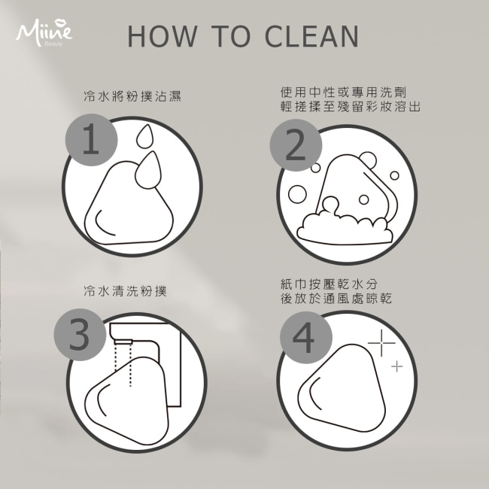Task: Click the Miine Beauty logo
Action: tap(44, 33)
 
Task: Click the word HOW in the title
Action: tap(162, 36)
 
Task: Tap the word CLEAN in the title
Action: tap(312, 36)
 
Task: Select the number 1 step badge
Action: tap(91, 139)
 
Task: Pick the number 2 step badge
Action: tap(296, 145)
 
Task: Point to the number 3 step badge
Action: tap(80, 335)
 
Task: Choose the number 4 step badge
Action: tap(306, 338)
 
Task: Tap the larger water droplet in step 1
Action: tap(148, 170)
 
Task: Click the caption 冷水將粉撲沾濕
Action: tap(132, 96)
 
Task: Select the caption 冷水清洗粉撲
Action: tap(126, 290)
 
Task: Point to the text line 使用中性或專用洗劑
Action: tap(343, 93)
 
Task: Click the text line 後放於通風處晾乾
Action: tap(336, 299)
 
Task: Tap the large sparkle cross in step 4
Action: tap(381, 343)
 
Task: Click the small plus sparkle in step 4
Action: tap(397, 366)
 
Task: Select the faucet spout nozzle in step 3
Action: tap(123, 342)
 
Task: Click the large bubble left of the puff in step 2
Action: tap(297, 194)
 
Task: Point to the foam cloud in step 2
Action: tap(345, 228)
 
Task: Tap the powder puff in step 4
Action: tap(342, 387)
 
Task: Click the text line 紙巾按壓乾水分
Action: tap(329, 284)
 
